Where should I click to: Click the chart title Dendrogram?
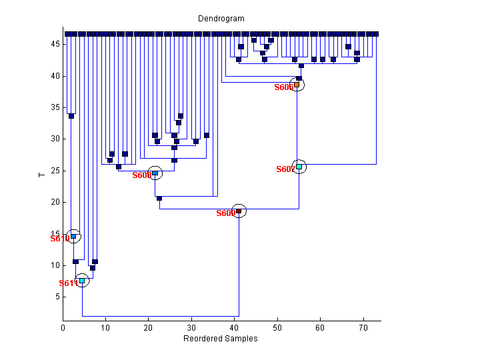(x=221, y=19)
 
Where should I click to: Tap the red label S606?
(x=283, y=87)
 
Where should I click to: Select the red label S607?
(x=285, y=169)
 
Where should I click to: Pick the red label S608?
(x=141, y=175)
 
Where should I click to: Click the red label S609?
(x=225, y=213)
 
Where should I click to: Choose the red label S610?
(x=59, y=238)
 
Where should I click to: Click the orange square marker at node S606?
(x=297, y=85)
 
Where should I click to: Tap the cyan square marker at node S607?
(x=299, y=167)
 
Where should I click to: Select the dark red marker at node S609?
(x=239, y=211)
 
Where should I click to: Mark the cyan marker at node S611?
(x=82, y=281)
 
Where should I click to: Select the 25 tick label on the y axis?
(x=55, y=171)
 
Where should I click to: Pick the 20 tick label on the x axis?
(x=149, y=328)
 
